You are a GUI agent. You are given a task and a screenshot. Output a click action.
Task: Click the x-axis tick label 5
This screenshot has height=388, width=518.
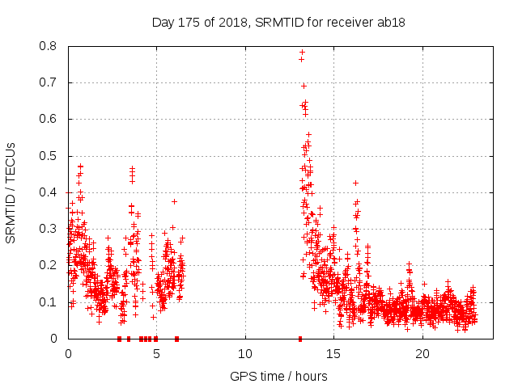[x=157, y=354]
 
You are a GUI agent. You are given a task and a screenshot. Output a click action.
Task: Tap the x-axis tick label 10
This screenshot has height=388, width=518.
[x=245, y=354]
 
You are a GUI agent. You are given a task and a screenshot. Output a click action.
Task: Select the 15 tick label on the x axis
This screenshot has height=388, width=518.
[x=334, y=354]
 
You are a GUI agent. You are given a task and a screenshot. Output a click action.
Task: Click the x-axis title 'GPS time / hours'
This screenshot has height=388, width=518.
[x=278, y=376]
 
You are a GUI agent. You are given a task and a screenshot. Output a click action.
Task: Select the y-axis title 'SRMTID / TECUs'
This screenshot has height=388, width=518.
[x=11, y=192]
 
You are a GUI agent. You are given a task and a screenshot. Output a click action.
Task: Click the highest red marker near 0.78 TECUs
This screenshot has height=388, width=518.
[x=302, y=53]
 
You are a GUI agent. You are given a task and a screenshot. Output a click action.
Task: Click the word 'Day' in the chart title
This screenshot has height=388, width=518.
[x=163, y=22]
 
